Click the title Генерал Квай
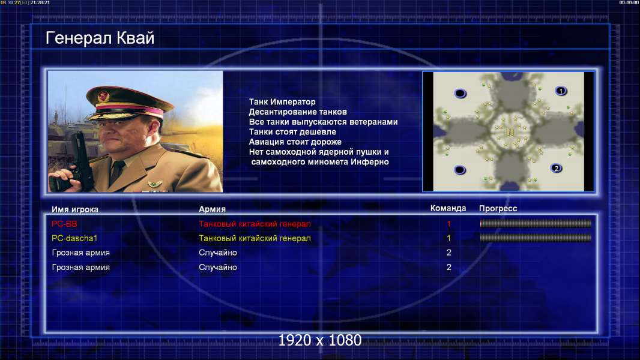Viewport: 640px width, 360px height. click(x=100, y=38)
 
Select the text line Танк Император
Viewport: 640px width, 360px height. click(x=282, y=102)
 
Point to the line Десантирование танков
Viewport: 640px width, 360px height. click(x=298, y=112)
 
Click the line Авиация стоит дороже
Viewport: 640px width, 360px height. click(x=295, y=142)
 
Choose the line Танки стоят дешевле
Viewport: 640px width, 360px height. click(x=292, y=131)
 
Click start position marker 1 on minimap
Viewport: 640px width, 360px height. click(x=561, y=91)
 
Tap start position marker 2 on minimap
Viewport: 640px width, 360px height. click(x=556, y=168)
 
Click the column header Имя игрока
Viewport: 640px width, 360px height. click(x=74, y=209)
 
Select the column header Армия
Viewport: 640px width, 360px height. click(x=213, y=209)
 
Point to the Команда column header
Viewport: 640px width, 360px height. click(x=448, y=208)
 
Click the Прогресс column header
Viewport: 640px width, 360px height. click(x=498, y=208)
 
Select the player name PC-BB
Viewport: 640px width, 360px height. click(x=64, y=224)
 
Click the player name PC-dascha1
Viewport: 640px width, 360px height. click(x=74, y=238)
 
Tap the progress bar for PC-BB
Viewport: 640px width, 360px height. click(x=536, y=223)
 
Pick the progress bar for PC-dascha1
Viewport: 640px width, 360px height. click(x=536, y=238)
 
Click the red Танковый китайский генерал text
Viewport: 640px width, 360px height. click(x=255, y=224)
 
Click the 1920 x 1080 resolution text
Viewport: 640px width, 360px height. click(x=320, y=340)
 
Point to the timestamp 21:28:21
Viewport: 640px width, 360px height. click(x=40, y=2)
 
